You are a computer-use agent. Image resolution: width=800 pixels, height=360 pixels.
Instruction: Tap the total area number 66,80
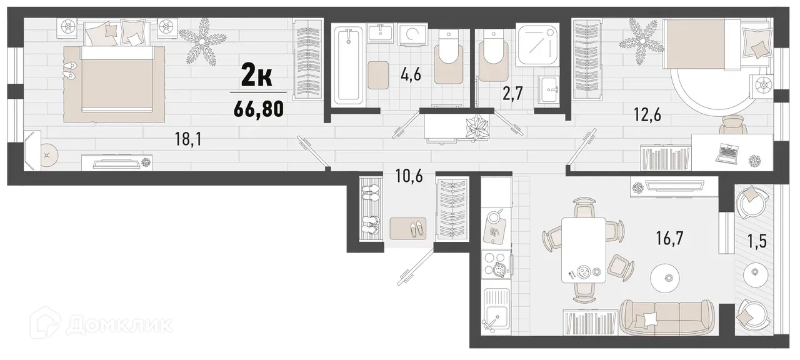pyautogui.click(x=259, y=109)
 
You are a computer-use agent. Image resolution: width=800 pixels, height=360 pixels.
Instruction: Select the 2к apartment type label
pyautogui.click(x=256, y=77)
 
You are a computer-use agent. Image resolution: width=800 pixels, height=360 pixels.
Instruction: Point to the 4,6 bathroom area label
pyautogui.click(x=411, y=76)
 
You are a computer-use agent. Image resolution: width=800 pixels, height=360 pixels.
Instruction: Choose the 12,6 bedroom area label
pyautogui.click(x=648, y=115)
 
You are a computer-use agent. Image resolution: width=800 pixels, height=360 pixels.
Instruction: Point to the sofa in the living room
pyautogui.click(x=666, y=316)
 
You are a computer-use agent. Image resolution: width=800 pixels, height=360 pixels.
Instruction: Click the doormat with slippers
pyautogui.click(x=407, y=227)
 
